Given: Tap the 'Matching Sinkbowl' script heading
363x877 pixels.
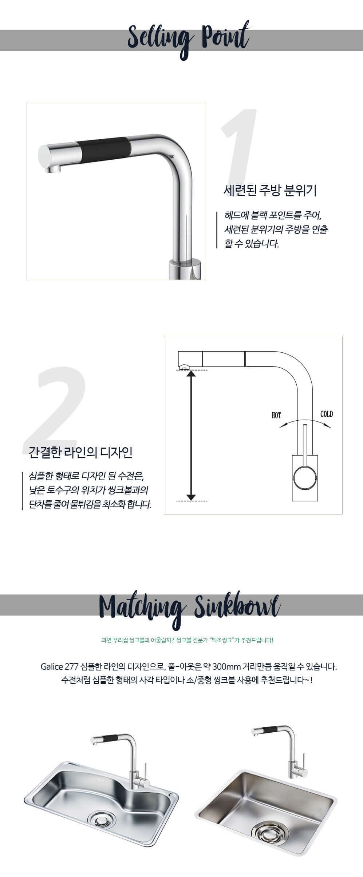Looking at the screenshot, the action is (x=189, y=607).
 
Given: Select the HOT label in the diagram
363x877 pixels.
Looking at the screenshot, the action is (x=276, y=415).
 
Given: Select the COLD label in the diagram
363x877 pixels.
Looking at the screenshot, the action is (x=327, y=414).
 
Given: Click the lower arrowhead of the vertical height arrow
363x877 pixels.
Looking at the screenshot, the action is (x=191, y=497).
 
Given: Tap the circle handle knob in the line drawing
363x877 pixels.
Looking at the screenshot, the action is (x=305, y=479).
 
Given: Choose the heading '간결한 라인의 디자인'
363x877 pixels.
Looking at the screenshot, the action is (x=80, y=452).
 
